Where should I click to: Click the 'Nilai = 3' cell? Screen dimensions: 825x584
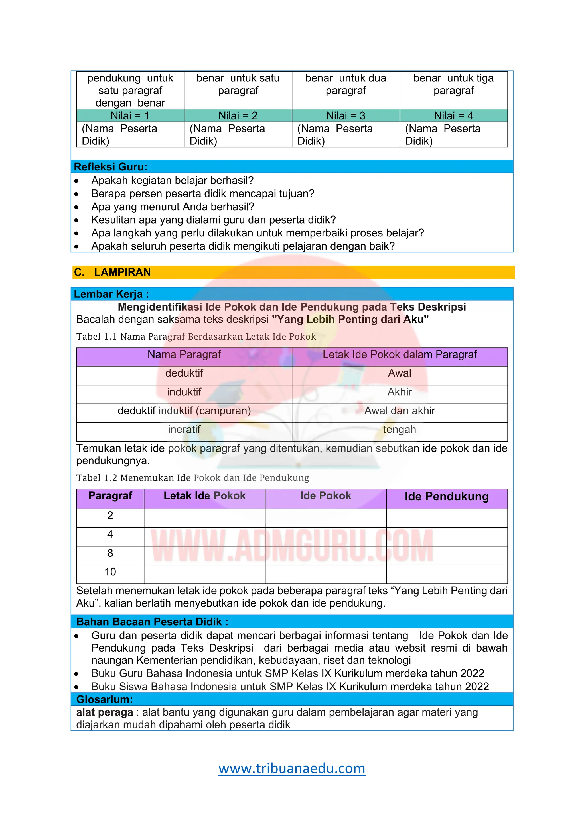coord(346,116)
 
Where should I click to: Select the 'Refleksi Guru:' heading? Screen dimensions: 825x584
coord(110,167)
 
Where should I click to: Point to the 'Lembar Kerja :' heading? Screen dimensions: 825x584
coord(111,294)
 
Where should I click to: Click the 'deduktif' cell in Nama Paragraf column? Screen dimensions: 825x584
coord(184,373)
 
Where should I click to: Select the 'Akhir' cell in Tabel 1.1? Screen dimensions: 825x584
coord(400,392)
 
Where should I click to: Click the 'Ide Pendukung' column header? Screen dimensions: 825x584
coord(447,497)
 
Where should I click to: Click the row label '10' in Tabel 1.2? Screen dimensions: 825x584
coord(110,572)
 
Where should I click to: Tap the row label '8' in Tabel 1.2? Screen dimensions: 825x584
coord(110,553)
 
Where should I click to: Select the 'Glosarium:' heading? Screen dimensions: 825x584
coord(105,699)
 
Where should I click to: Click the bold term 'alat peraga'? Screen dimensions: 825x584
coord(105,712)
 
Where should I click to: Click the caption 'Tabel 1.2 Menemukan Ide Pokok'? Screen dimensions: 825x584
coord(192,478)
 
